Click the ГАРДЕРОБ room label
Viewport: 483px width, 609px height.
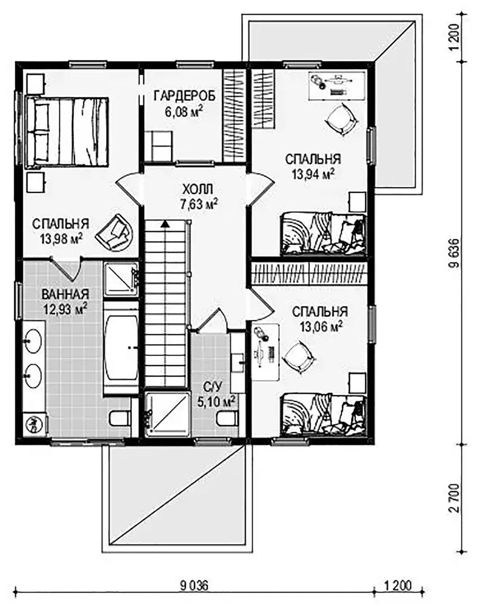click(184, 95)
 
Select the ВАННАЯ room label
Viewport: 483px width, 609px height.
click(65, 294)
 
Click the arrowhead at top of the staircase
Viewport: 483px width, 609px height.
click(165, 223)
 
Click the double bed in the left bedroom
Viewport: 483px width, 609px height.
click(67, 132)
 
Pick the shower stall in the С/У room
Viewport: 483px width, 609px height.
click(168, 414)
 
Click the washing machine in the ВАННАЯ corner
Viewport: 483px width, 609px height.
click(34, 425)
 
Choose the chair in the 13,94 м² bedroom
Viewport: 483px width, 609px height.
click(341, 119)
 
